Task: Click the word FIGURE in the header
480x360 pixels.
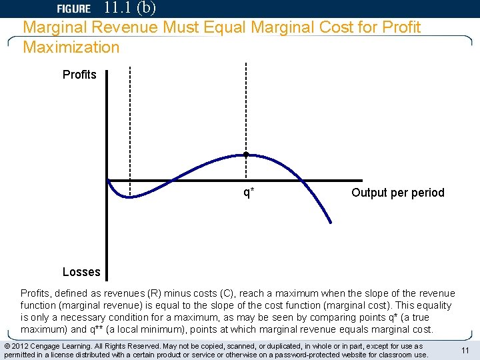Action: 73,9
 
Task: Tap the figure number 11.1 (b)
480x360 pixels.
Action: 131,8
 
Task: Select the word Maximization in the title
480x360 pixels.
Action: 71,47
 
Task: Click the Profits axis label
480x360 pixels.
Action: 79,75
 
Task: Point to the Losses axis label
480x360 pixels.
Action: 81,271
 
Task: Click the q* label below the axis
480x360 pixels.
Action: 248,193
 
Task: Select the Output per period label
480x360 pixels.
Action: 397,193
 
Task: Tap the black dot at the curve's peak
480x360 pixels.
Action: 246,155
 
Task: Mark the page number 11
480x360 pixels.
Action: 465,351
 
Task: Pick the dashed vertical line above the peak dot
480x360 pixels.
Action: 246,107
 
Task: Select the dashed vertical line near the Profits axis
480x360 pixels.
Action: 130,120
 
